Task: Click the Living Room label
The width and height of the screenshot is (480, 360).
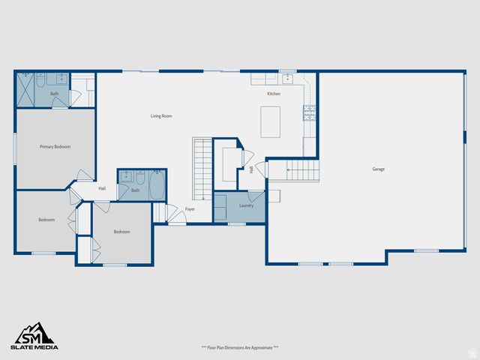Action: pyautogui.click(x=161, y=115)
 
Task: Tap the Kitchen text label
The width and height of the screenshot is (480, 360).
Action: pyautogui.click(x=274, y=94)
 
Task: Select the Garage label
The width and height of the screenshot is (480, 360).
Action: pyautogui.click(x=379, y=169)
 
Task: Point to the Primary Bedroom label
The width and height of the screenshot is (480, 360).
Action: pyautogui.click(x=55, y=146)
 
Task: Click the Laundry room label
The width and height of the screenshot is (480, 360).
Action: pyautogui.click(x=246, y=205)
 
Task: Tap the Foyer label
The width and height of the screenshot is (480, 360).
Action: pyautogui.click(x=190, y=208)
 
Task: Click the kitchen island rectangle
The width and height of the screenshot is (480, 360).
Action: pyautogui.click(x=270, y=121)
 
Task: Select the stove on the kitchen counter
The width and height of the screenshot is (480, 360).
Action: pyautogui.click(x=310, y=112)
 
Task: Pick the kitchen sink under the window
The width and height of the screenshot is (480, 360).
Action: pyautogui.click(x=288, y=78)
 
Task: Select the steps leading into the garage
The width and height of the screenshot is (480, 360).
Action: pyautogui.click(x=301, y=170)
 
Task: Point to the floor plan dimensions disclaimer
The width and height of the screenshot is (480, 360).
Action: pyautogui.click(x=240, y=347)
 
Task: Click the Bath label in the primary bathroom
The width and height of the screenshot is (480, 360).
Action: pyautogui.click(x=55, y=94)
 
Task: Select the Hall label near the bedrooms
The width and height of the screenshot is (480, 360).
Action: pyautogui.click(x=102, y=188)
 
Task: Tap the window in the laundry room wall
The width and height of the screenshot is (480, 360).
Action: pyautogui.click(x=237, y=223)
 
